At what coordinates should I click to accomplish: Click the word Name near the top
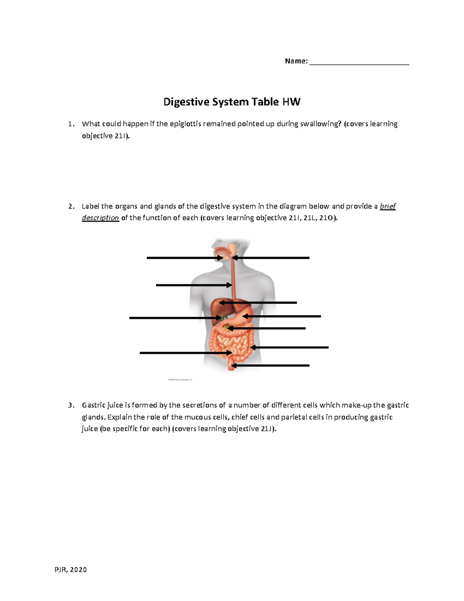click(295, 61)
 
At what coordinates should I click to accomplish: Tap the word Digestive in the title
click(187, 102)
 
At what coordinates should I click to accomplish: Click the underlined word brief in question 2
click(388, 206)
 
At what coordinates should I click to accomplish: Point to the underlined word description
click(100, 218)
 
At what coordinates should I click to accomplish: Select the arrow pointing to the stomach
click(282, 317)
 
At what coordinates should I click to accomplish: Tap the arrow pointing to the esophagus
click(193, 285)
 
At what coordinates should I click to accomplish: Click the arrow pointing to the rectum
click(270, 365)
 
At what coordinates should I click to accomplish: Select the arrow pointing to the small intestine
click(186, 353)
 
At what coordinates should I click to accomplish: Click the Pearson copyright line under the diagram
click(180, 380)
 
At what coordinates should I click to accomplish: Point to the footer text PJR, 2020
click(71, 570)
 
